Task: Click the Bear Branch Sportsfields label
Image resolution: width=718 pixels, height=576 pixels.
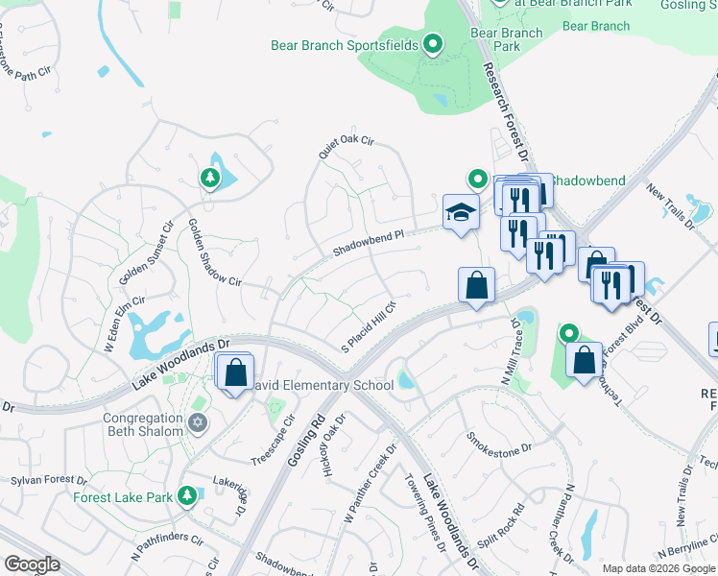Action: pos(345,44)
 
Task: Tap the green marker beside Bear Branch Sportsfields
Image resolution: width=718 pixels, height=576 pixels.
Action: pos(433,43)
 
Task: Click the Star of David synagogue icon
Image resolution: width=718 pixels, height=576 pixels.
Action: pos(199,423)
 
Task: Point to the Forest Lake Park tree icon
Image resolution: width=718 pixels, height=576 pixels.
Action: pos(187,495)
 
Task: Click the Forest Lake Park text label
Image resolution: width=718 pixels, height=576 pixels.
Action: pos(121,497)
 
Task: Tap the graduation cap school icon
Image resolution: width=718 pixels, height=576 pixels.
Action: pos(461,212)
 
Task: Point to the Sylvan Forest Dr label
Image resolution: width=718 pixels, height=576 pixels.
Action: pos(48,479)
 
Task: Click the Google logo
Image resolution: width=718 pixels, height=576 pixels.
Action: pos(32,564)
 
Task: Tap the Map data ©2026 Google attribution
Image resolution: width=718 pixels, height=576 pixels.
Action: pos(658,568)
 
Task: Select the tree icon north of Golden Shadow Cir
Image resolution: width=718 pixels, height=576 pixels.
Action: pos(210,178)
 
